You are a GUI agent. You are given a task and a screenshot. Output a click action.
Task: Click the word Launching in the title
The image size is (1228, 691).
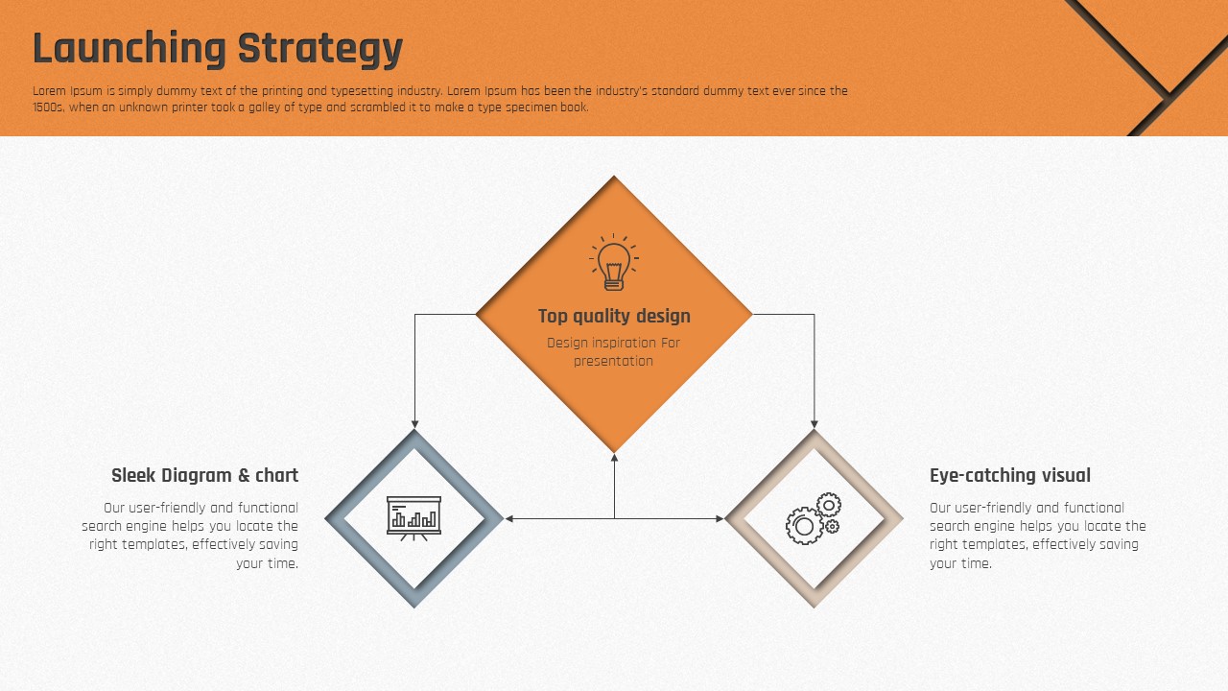[x=130, y=49]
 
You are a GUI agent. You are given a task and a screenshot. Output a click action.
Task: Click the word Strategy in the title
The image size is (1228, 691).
[x=320, y=49]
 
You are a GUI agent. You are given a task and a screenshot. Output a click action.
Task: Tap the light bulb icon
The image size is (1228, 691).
[x=614, y=262]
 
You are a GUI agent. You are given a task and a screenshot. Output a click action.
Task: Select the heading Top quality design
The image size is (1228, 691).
[x=614, y=316]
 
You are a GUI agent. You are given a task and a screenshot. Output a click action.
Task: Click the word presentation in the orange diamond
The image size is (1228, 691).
[x=613, y=362]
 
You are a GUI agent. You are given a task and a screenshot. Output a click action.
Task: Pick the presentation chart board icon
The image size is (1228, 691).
[x=413, y=518]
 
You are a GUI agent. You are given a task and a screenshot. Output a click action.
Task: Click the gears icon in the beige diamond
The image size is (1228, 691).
[x=814, y=518]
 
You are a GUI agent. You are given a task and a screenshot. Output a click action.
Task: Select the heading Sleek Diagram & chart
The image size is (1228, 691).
[x=205, y=475]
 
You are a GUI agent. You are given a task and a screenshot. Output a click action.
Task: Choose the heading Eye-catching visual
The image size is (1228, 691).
[x=1010, y=475]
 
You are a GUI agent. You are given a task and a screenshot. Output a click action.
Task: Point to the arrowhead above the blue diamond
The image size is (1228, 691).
[x=414, y=424]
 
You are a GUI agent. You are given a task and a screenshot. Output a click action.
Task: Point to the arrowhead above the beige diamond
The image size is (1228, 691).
[x=815, y=424]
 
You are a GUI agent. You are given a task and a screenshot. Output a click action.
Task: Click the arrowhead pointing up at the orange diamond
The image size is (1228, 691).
[x=614, y=458]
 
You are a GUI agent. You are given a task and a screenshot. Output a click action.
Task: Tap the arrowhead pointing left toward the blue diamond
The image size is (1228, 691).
[x=508, y=518]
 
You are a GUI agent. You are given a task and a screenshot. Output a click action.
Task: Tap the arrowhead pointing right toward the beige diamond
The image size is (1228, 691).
[x=720, y=518]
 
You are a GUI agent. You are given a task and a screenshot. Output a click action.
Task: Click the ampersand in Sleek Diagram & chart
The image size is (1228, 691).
[x=244, y=475]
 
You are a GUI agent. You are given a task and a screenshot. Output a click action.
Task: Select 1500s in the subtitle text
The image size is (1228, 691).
[x=48, y=107]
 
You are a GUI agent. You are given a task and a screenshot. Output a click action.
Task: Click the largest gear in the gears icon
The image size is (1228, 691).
[x=804, y=526]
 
